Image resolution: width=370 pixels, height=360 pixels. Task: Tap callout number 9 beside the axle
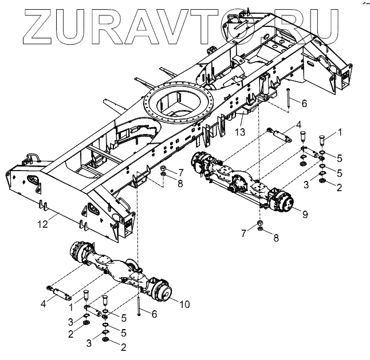coord(305,215)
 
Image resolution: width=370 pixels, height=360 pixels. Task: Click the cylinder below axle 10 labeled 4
coord(61,292)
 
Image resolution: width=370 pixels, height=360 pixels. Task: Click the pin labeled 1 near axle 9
coord(321,139)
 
